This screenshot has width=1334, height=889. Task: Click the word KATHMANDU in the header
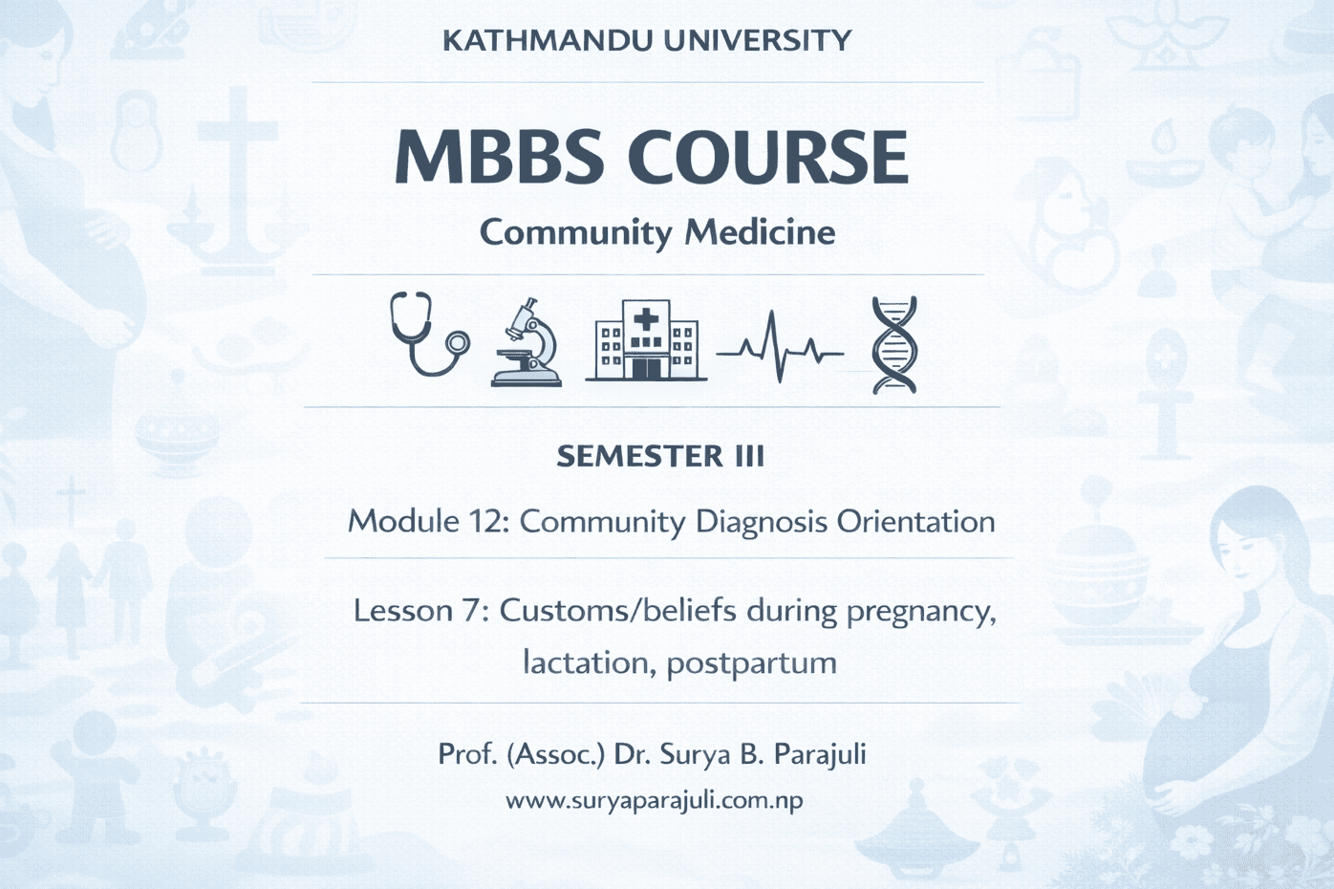pos(548,40)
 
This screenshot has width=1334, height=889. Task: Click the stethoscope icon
pos(429,334)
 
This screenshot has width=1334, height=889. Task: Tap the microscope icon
pos(527,342)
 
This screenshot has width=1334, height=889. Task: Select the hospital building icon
pos(646,340)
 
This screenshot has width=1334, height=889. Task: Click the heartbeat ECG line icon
pos(780,347)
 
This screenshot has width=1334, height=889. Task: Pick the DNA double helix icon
pos(894,345)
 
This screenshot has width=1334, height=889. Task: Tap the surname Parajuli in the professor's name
pos(820,755)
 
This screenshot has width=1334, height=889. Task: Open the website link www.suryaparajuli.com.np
pos(655,800)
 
